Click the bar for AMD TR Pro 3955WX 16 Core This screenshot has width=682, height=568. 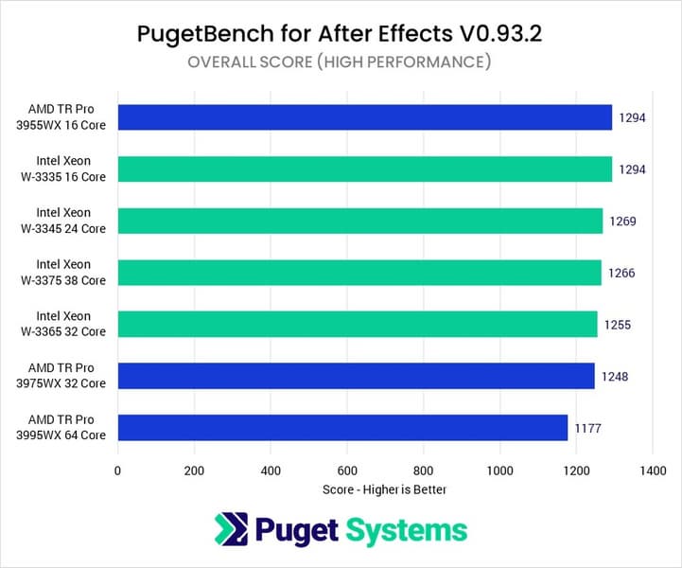(364, 117)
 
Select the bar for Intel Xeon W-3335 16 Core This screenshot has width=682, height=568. (364, 169)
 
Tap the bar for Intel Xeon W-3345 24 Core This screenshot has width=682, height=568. (359, 221)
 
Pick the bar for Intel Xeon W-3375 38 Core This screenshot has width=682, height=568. (358, 273)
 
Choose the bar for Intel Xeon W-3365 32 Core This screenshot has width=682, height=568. (357, 324)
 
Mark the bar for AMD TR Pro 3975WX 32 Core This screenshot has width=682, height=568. (356, 376)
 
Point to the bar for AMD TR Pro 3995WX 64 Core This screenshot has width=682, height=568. (341, 427)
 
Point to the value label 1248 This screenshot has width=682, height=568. (615, 377)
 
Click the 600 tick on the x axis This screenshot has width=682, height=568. (346, 470)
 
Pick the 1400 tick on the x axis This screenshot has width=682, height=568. (652, 470)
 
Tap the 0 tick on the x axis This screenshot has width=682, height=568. (117, 470)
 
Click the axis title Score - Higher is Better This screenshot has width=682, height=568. (384, 489)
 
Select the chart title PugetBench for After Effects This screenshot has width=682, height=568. (340, 34)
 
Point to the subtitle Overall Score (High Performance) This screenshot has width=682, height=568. (340, 63)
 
